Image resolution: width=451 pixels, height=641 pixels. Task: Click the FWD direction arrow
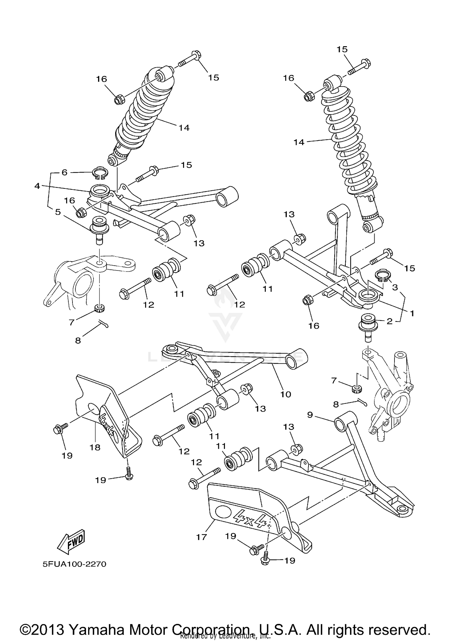tap(72, 542)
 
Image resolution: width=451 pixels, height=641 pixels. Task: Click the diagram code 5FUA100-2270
tap(74, 564)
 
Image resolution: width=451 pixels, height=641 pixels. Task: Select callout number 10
tap(286, 394)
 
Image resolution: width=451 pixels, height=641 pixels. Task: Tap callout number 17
tap(201, 537)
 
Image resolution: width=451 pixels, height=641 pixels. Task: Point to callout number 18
tap(95, 447)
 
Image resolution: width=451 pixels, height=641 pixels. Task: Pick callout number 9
tap(310, 415)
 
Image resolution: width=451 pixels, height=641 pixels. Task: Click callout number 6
tap(64, 172)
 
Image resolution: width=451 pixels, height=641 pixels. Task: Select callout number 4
tap(37, 186)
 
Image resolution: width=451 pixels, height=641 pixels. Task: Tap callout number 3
tap(395, 287)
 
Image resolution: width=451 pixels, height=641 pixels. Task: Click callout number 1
tap(412, 313)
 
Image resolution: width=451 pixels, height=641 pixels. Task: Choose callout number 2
tap(389, 322)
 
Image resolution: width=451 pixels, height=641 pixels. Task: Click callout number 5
tap(58, 212)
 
